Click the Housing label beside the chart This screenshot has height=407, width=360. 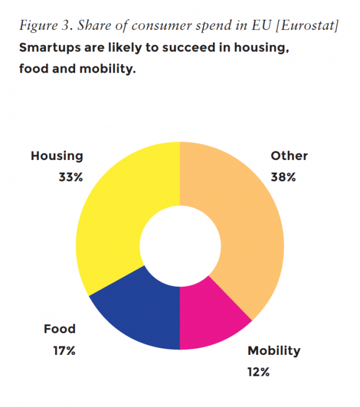click(57, 156)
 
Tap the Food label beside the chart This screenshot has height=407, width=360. click(59, 328)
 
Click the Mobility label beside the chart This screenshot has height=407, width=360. click(274, 351)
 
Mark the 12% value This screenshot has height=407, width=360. click(259, 372)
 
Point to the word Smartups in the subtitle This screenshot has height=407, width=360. click(49, 47)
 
